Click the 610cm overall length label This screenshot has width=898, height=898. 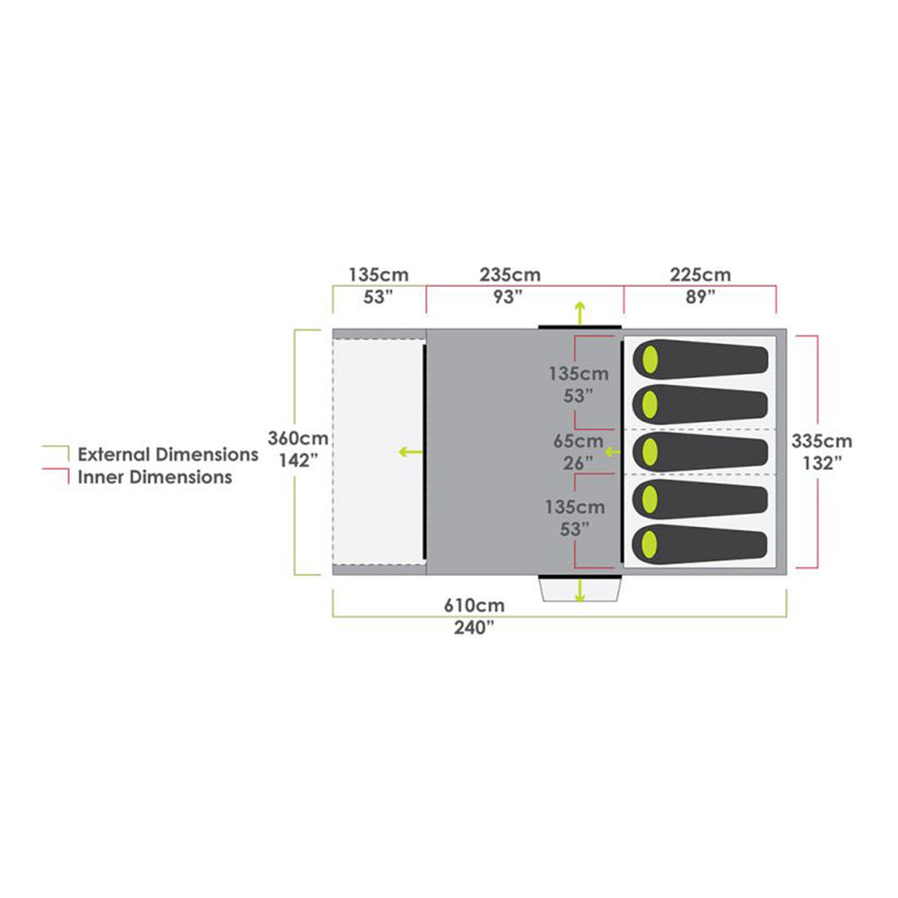pos(474,605)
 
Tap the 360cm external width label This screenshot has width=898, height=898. pos(298,438)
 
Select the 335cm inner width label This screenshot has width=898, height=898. pos(822,441)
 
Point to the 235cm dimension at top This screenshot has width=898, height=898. pos(510,274)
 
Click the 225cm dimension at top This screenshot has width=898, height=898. pos(701,274)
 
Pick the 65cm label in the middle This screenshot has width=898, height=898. pos(579,441)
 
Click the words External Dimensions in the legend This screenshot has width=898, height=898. pos(167,454)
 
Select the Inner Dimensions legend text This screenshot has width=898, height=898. pos(154,477)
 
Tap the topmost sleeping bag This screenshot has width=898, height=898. pos(701,360)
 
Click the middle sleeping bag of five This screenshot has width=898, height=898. pos(701,452)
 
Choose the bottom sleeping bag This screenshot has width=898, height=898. pos(700,544)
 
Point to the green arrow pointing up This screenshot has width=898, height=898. pos(581,313)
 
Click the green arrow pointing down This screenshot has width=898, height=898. pos(581,590)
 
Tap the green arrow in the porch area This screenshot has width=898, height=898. pos(410,452)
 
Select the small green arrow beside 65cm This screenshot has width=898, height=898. pos(613,452)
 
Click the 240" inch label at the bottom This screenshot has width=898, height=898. pos(474,628)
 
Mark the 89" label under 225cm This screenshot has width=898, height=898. pos(701,297)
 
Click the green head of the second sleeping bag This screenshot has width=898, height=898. pos(650,405)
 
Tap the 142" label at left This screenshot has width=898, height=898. pos(298,460)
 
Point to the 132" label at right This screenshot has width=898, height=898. pos(822,463)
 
